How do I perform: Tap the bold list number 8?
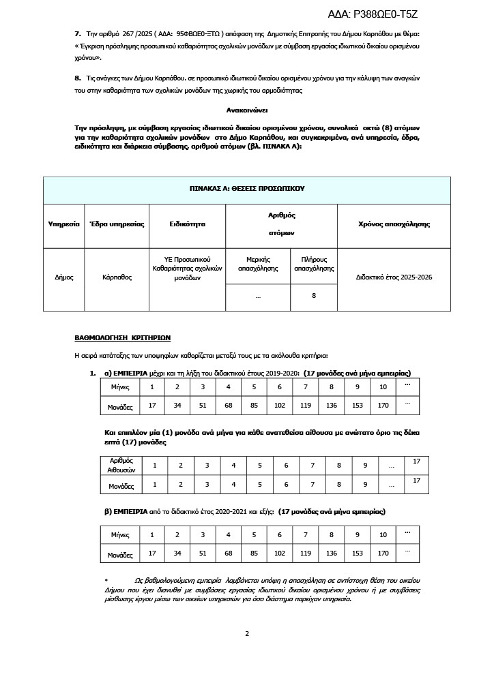[x=77, y=78]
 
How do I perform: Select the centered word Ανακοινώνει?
[x=246, y=109]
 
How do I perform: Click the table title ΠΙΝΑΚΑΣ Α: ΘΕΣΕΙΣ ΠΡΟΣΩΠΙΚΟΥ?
[x=246, y=188]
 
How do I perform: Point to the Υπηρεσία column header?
[x=64, y=224]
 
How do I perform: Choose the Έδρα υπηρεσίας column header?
[x=117, y=224]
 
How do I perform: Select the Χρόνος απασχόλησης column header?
[x=394, y=224]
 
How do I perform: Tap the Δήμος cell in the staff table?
[x=64, y=277]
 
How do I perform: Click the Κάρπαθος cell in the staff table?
[x=117, y=277]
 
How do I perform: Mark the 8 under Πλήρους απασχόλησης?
[x=314, y=296]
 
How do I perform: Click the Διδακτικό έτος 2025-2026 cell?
[x=394, y=277]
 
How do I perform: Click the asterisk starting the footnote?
[x=106, y=579]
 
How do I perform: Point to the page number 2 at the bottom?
[x=247, y=633]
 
